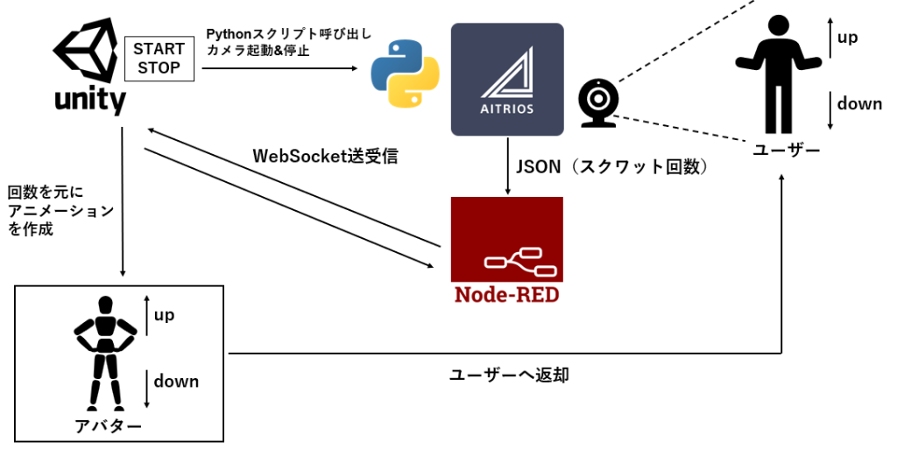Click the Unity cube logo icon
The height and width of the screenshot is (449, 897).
point(88,52)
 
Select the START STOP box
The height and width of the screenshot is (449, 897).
point(159,59)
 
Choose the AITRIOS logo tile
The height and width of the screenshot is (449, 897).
point(506,80)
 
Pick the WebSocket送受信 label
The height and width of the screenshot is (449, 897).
point(325,157)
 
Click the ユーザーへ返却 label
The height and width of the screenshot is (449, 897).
point(509,375)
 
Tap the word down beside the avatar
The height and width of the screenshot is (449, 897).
point(176,382)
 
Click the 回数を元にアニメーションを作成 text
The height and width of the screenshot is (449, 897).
point(60,211)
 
